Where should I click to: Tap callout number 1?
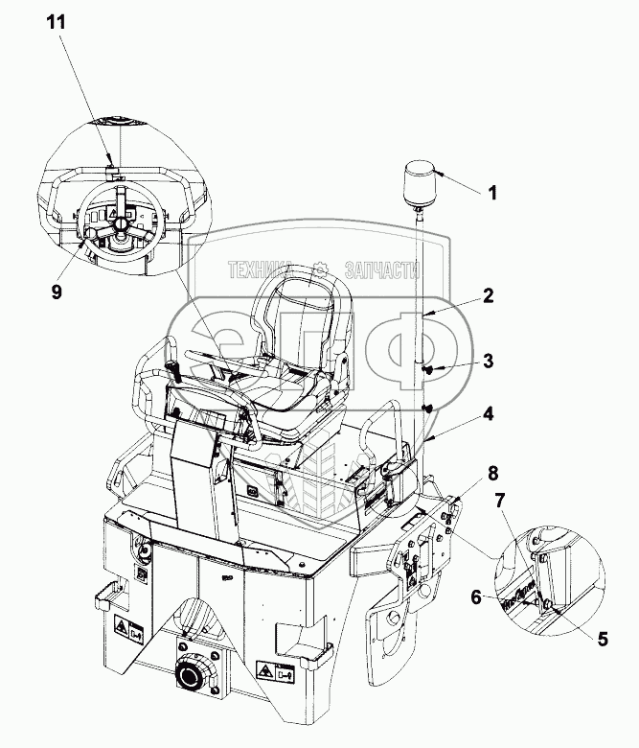click(x=492, y=193)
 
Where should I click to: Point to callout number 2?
click(x=488, y=297)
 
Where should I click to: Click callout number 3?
click(x=490, y=362)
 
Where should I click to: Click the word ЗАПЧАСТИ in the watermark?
click(x=380, y=272)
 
